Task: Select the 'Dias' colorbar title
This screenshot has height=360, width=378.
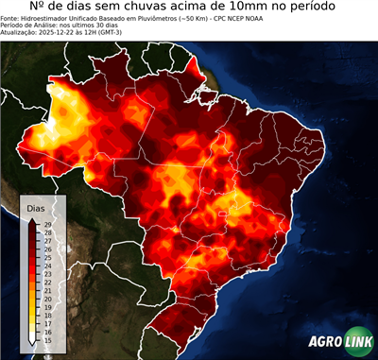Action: click(36, 207)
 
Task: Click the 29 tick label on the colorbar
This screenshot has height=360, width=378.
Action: click(47, 224)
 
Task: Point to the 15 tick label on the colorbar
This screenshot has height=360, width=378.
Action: click(47, 340)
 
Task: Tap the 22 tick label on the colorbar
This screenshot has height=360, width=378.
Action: click(47, 283)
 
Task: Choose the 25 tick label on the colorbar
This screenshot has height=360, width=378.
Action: click(47, 257)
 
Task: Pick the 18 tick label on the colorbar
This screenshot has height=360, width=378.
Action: click(47, 316)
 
